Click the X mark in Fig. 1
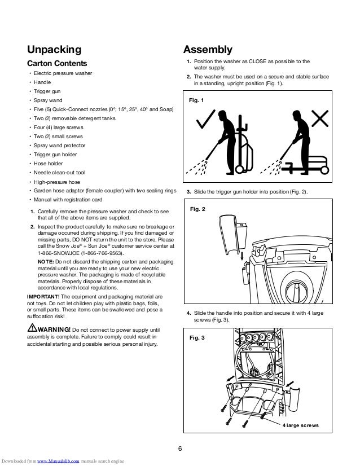(x=320, y=119)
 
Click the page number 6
(x=179, y=449)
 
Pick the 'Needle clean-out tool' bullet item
(x=59, y=172)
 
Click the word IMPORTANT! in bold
(x=43, y=296)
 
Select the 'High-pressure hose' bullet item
(x=56, y=182)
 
